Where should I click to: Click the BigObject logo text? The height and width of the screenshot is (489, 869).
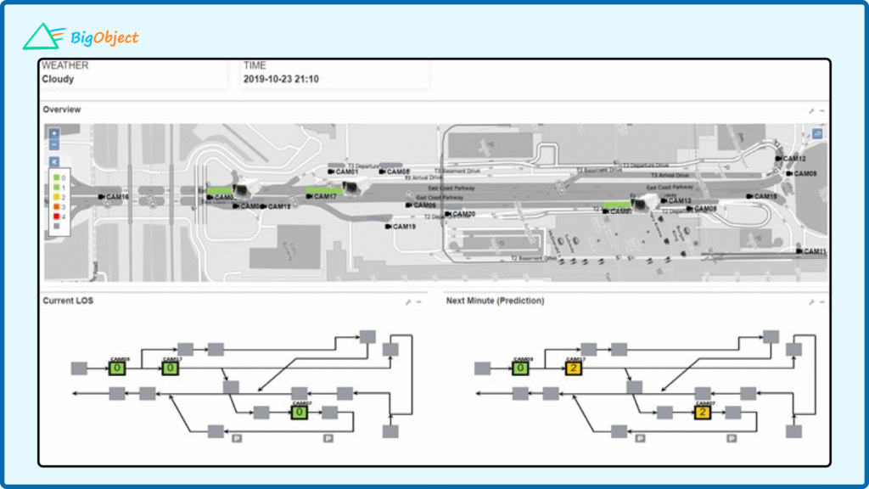click(105, 37)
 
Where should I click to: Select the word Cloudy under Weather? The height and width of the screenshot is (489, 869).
click(58, 80)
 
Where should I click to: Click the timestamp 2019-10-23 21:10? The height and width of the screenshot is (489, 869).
click(281, 80)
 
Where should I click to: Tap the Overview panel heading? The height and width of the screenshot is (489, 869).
click(62, 110)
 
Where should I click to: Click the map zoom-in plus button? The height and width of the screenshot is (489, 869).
click(54, 133)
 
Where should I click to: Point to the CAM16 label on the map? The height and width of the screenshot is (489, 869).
click(116, 197)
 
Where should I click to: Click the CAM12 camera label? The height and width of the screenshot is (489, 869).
click(793, 159)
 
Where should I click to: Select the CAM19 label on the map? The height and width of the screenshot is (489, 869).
click(403, 227)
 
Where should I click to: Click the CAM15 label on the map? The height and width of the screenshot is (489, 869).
click(765, 197)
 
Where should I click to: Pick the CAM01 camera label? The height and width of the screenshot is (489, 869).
click(346, 172)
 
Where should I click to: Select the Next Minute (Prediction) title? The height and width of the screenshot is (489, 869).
click(495, 301)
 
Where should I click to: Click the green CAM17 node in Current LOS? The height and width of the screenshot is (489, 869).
click(171, 368)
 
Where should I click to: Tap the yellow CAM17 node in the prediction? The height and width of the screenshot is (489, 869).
click(575, 368)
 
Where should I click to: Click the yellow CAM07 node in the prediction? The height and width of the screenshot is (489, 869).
click(703, 413)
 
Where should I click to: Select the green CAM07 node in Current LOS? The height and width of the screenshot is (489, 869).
click(299, 413)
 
